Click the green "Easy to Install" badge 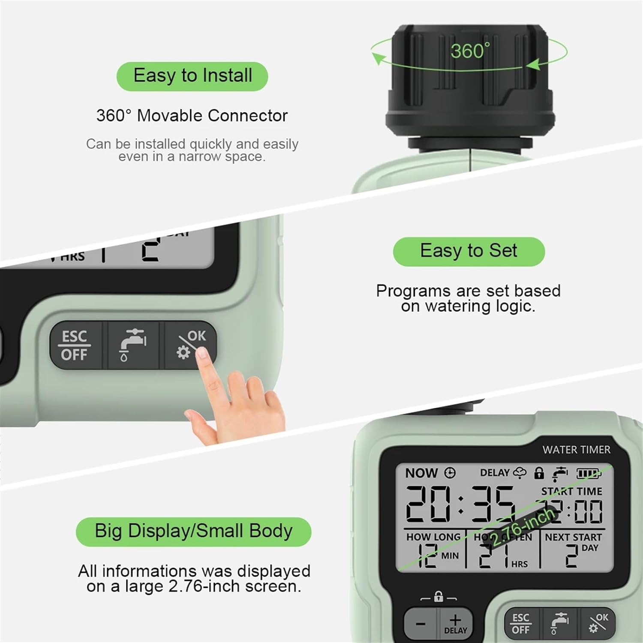[x=192, y=76]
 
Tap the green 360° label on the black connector [x=470, y=51]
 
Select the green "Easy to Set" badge [x=469, y=251]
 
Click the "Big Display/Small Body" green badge [x=193, y=532]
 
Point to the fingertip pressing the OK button [x=201, y=354]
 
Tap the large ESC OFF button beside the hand [x=75, y=346]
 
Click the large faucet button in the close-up [x=132, y=346]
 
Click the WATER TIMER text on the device [x=576, y=450]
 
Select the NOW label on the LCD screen [x=421, y=473]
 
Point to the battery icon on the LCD [x=588, y=473]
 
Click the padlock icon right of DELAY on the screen [x=539, y=473]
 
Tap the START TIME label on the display [x=571, y=491]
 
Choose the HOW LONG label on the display [x=433, y=537]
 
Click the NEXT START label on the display [x=573, y=537]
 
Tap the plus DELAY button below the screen [x=455, y=624]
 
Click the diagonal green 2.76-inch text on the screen [x=523, y=526]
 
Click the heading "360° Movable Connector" [x=192, y=116]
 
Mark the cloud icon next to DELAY [x=520, y=473]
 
